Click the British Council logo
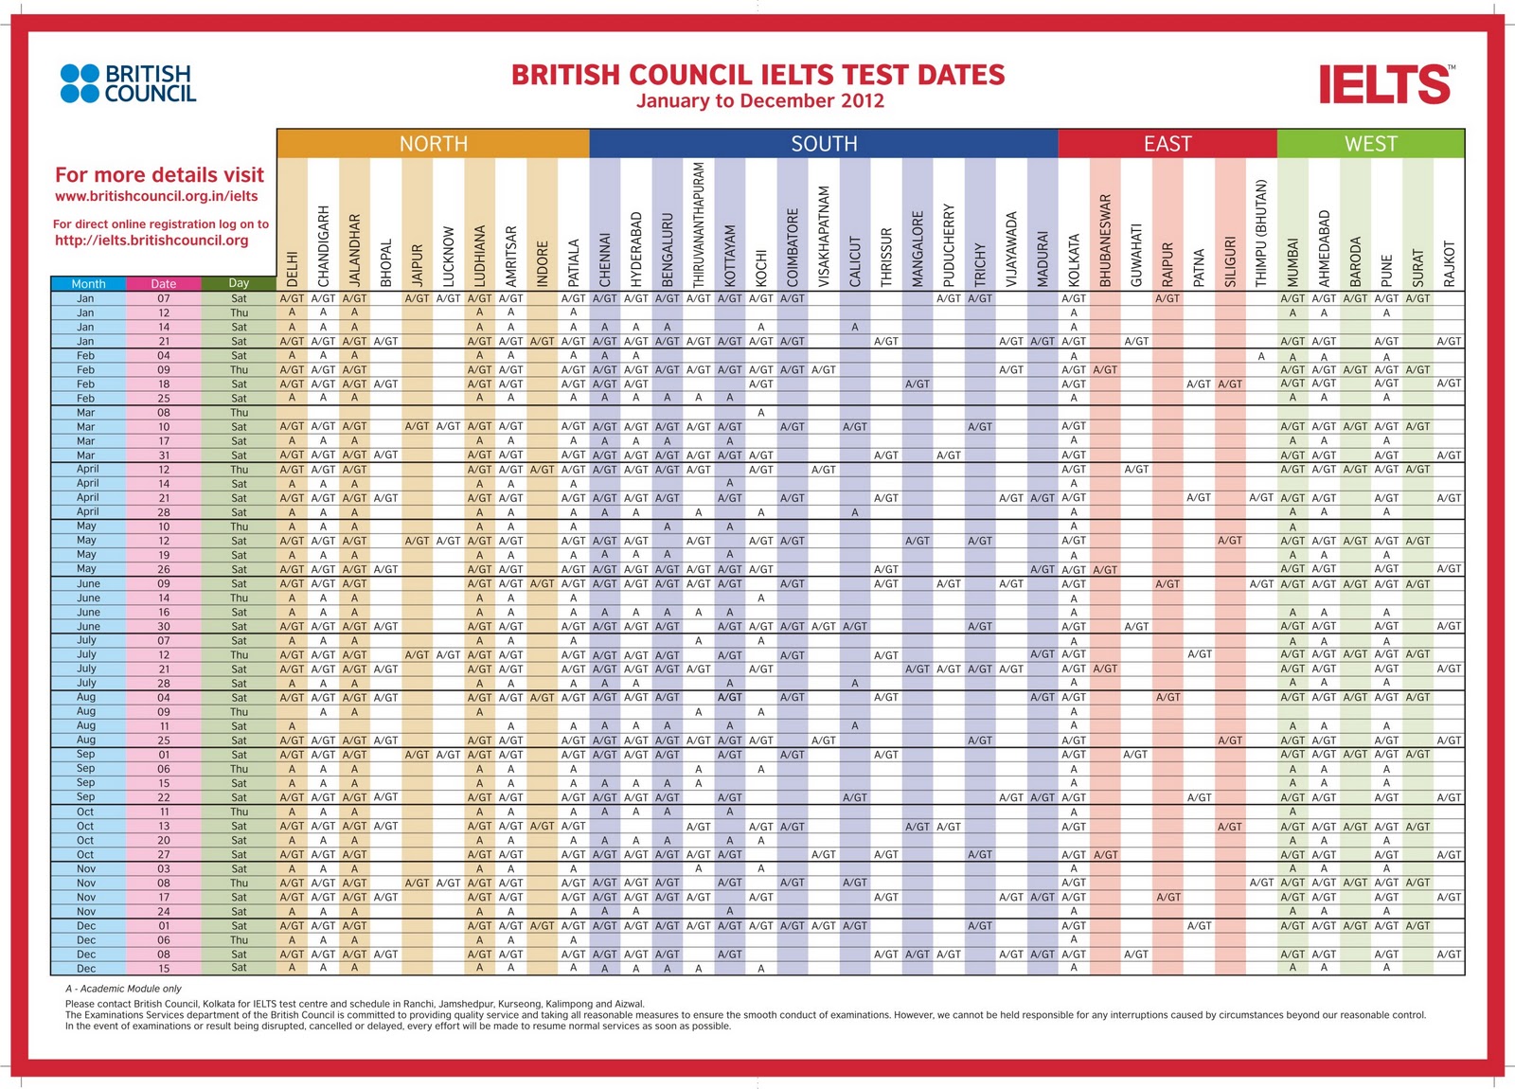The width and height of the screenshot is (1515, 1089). pos(128,83)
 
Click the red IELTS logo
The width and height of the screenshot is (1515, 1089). pos(1386,84)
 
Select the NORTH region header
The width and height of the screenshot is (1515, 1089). pos(433,143)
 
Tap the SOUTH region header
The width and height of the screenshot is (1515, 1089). pos(824,143)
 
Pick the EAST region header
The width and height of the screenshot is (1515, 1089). pos(1167,143)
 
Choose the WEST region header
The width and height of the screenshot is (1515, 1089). pos(1370,143)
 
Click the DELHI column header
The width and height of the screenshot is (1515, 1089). pos(293,269)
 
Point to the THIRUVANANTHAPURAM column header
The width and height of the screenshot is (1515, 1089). pos(699,224)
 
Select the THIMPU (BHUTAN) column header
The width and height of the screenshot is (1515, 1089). pos(1261,233)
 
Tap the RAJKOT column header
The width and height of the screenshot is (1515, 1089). pos(1449,264)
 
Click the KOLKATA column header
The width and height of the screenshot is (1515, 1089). pos(1074,260)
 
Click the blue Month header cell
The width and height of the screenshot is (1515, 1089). pos(88,283)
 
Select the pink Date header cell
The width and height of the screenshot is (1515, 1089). pos(164,283)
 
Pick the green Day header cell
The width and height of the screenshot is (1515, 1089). pos(239,283)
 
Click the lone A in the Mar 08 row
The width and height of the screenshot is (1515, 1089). pos(761,413)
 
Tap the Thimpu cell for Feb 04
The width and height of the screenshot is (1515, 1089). pos(1261,356)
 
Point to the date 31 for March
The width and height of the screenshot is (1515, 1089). pos(164,455)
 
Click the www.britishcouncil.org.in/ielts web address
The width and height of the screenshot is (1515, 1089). pos(156,196)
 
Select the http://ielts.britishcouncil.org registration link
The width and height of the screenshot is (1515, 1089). pos(151,241)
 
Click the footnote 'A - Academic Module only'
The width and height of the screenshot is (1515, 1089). pos(123,989)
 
